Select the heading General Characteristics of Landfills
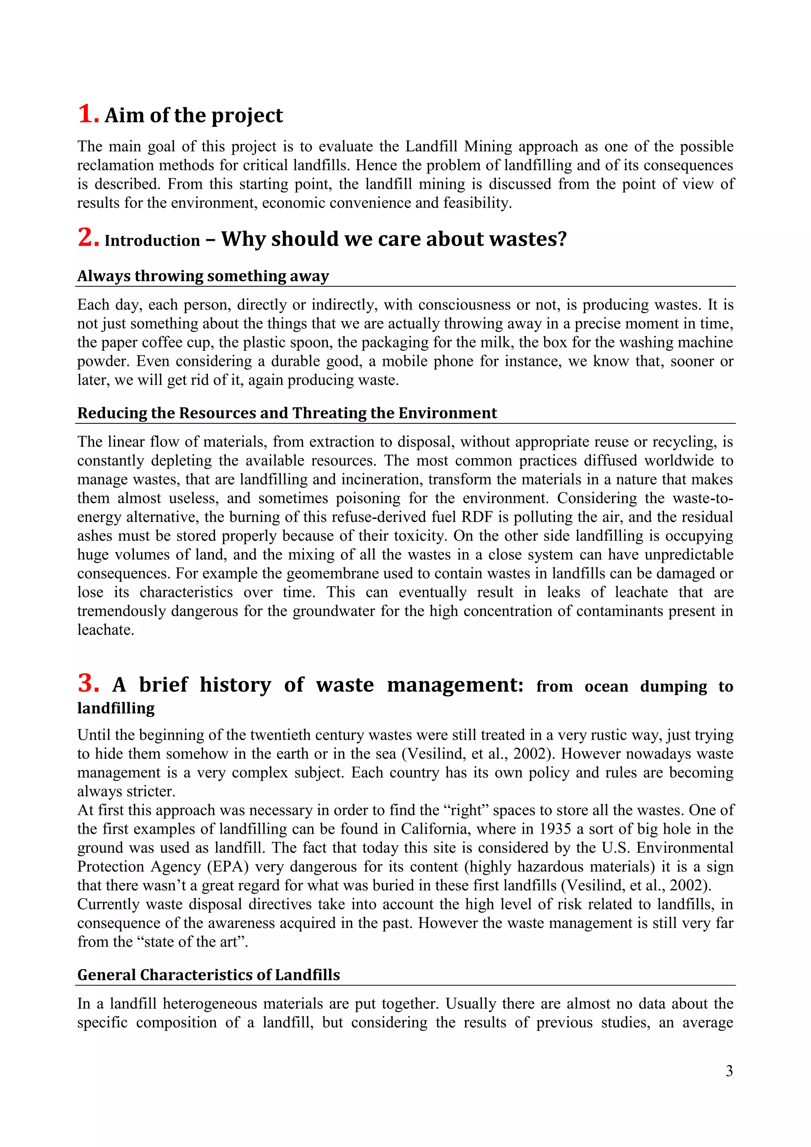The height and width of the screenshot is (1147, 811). point(208,975)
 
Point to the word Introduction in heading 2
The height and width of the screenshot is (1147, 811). point(152,240)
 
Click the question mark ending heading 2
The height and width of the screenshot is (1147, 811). point(562,238)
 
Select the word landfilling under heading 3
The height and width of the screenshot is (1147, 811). point(116,708)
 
